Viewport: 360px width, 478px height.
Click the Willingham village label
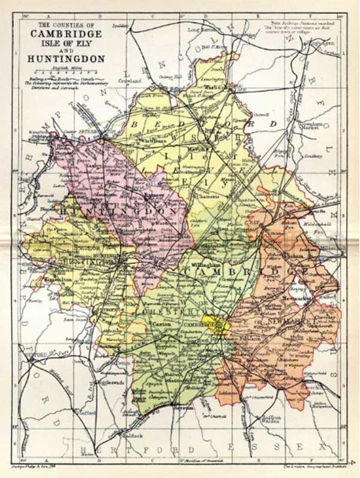coord(200,263)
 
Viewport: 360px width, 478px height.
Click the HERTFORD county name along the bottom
coord(144,449)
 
